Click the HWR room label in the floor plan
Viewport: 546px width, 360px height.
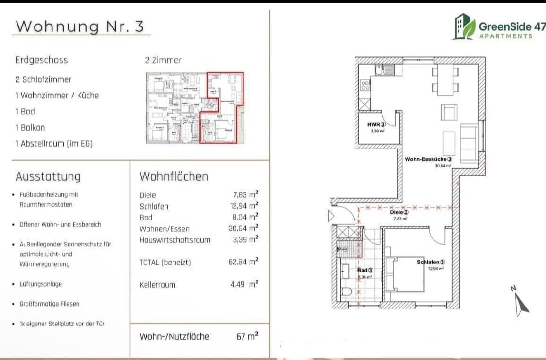(x=377, y=125)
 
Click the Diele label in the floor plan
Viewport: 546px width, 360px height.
(x=399, y=213)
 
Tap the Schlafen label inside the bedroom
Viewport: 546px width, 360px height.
(x=431, y=262)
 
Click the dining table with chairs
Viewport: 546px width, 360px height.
(x=444, y=79)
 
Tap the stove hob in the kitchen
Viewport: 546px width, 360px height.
(x=365, y=85)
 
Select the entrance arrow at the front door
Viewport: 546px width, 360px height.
(x=330, y=217)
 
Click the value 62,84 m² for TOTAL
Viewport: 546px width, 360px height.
(x=243, y=262)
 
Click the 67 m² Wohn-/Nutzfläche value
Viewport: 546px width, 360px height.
(x=247, y=336)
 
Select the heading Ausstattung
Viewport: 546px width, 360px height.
(x=48, y=176)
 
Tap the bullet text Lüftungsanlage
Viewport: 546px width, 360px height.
(x=41, y=284)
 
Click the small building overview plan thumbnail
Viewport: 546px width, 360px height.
(x=194, y=108)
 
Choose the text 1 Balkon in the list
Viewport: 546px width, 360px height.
(x=30, y=127)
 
